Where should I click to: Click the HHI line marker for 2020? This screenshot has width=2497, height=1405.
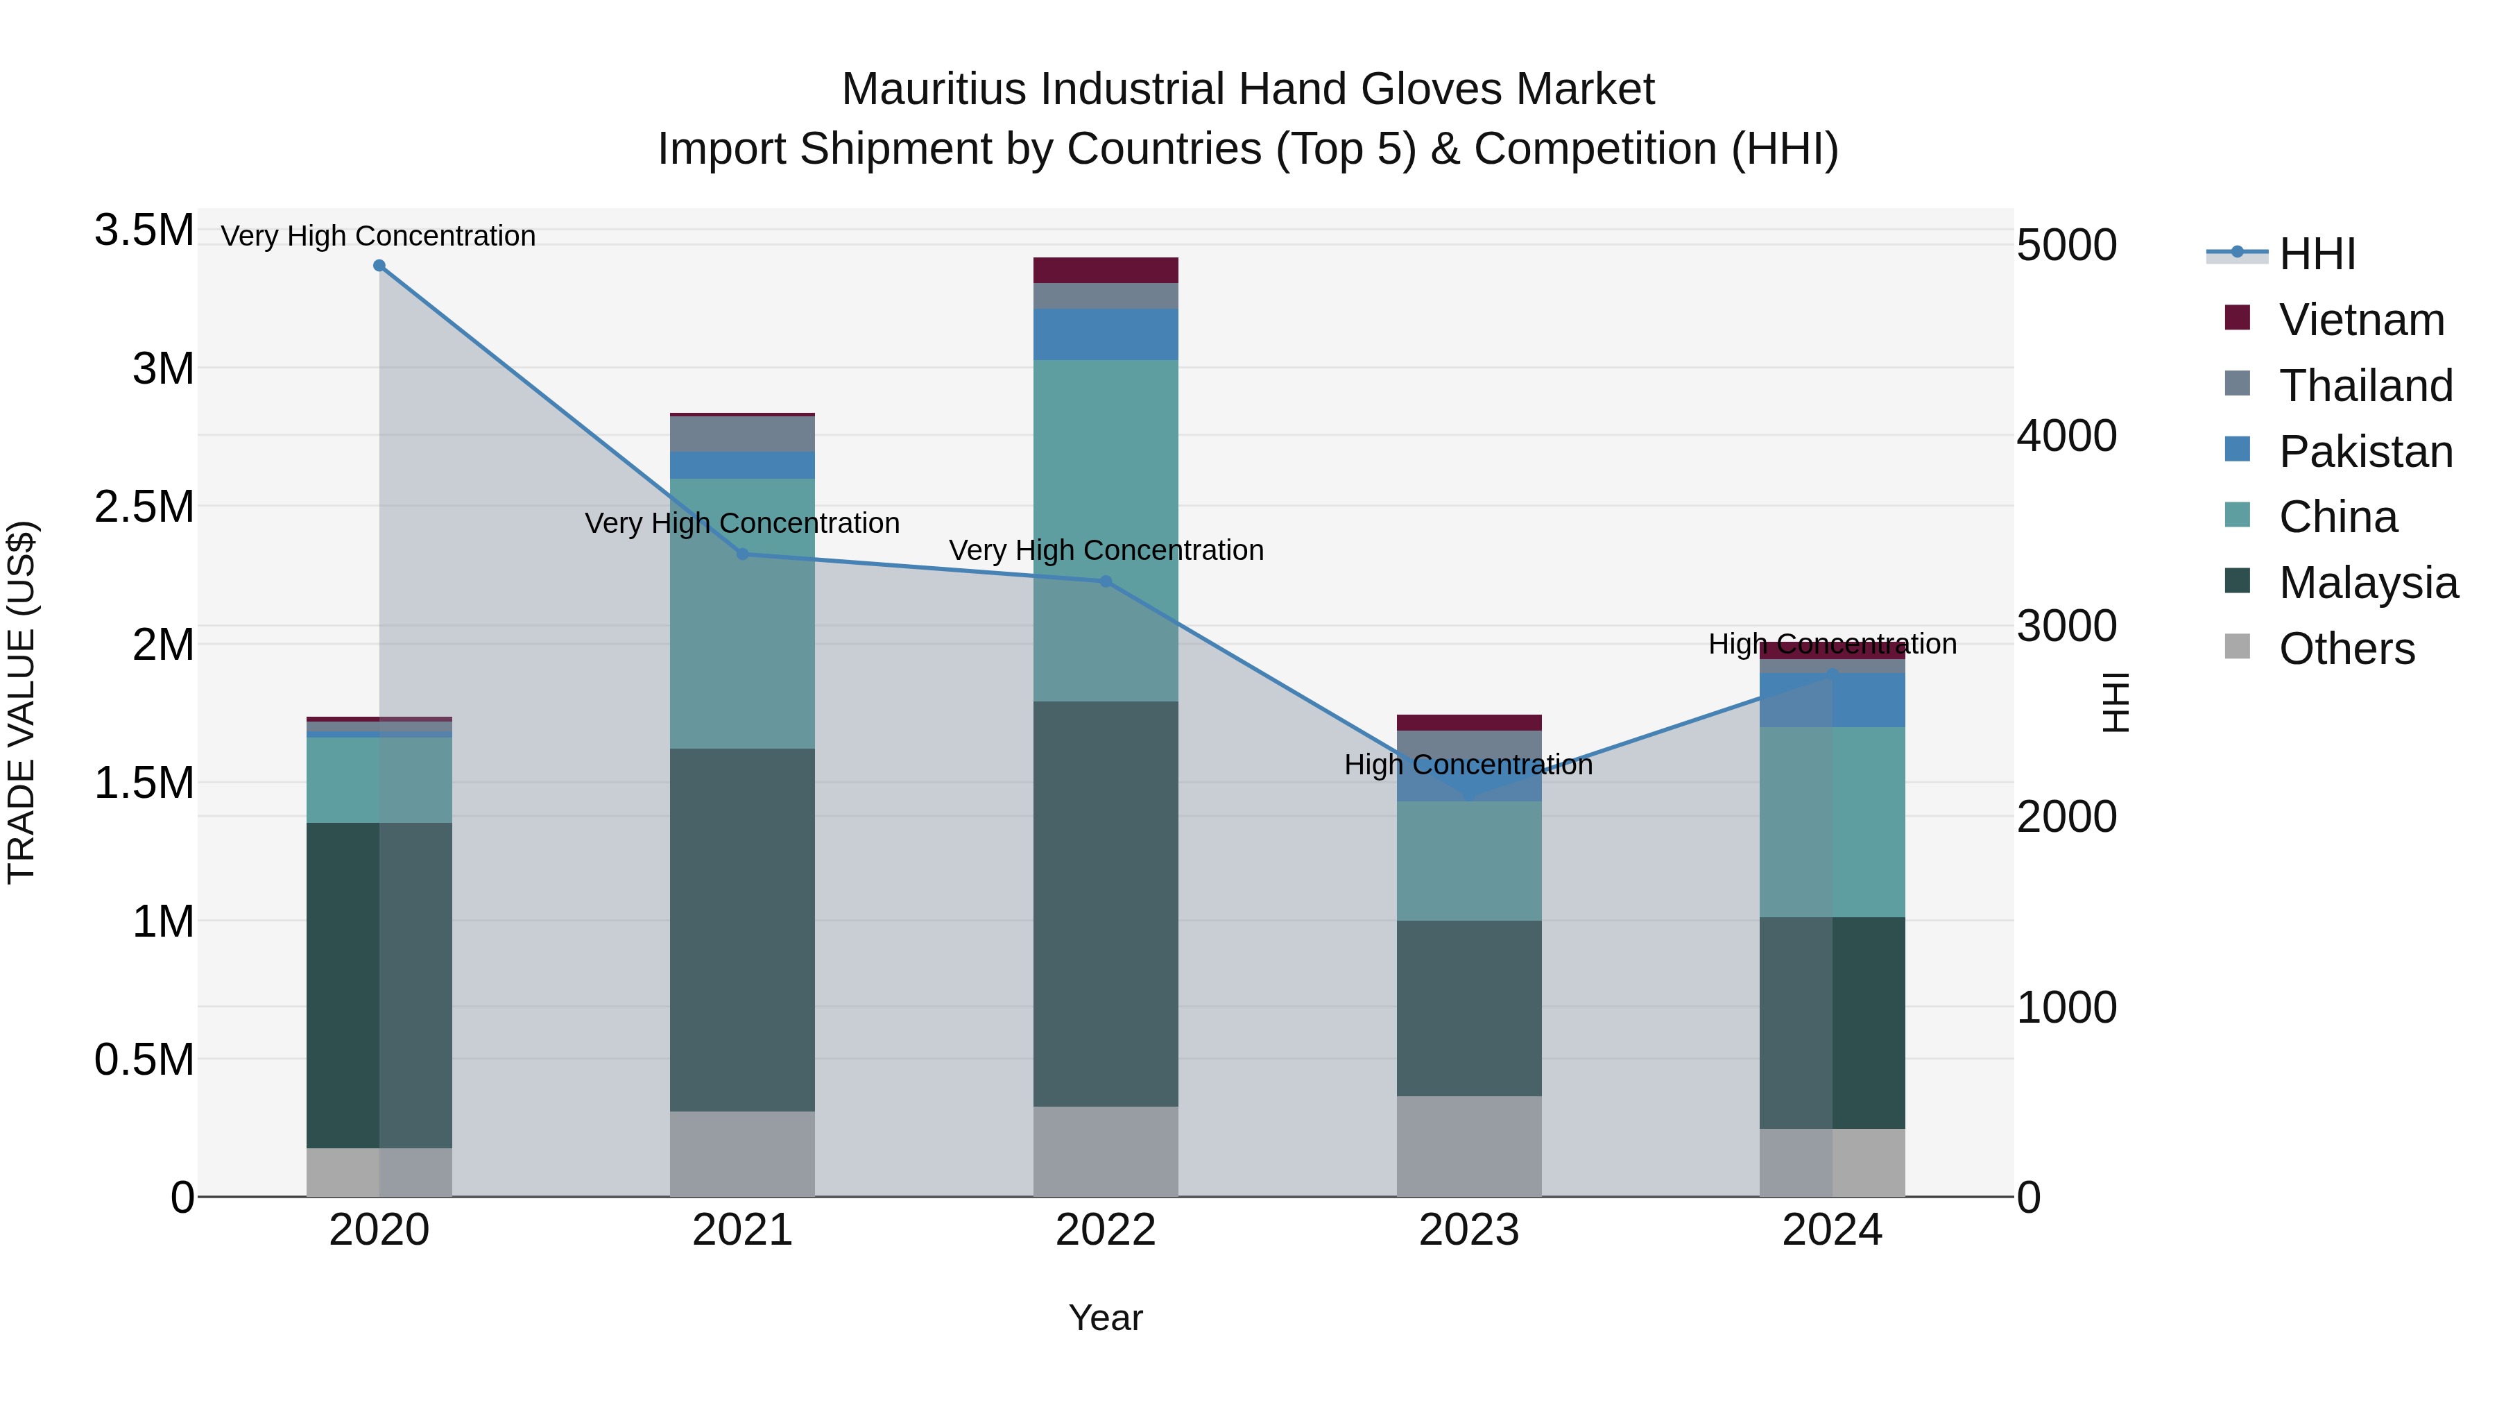pos(379,266)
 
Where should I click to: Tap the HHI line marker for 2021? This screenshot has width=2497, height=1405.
pos(742,554)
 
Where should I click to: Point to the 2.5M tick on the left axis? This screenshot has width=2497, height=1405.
pos(144,507)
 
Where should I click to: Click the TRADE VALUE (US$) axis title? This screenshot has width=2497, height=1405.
pos(22,702)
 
